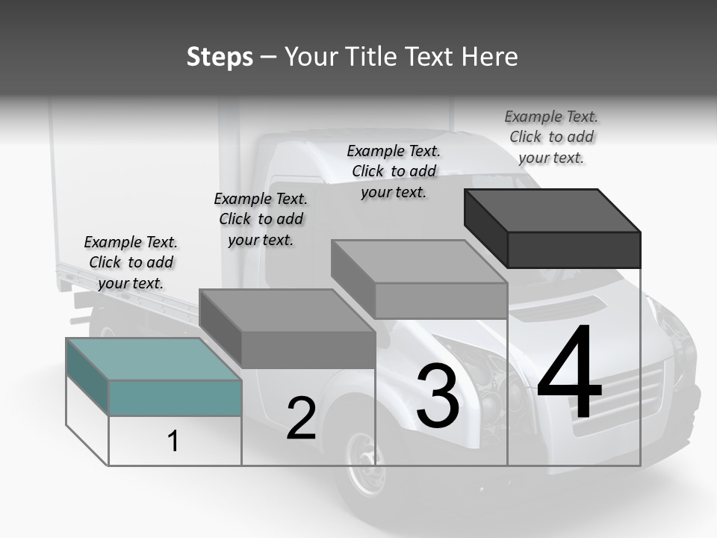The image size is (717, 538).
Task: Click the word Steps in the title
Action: point(220,57)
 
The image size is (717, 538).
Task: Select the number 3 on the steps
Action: point(438,396)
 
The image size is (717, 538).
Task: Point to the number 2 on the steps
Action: point(301,418)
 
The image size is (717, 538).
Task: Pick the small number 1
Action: point(173,441)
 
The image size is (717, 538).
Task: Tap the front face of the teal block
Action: point(175,398)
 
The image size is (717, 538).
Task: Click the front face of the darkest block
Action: point(574,250)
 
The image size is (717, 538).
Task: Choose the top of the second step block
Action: point(288,310)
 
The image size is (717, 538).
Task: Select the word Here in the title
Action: point(490,57)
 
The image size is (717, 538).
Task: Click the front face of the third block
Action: point(441,301)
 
